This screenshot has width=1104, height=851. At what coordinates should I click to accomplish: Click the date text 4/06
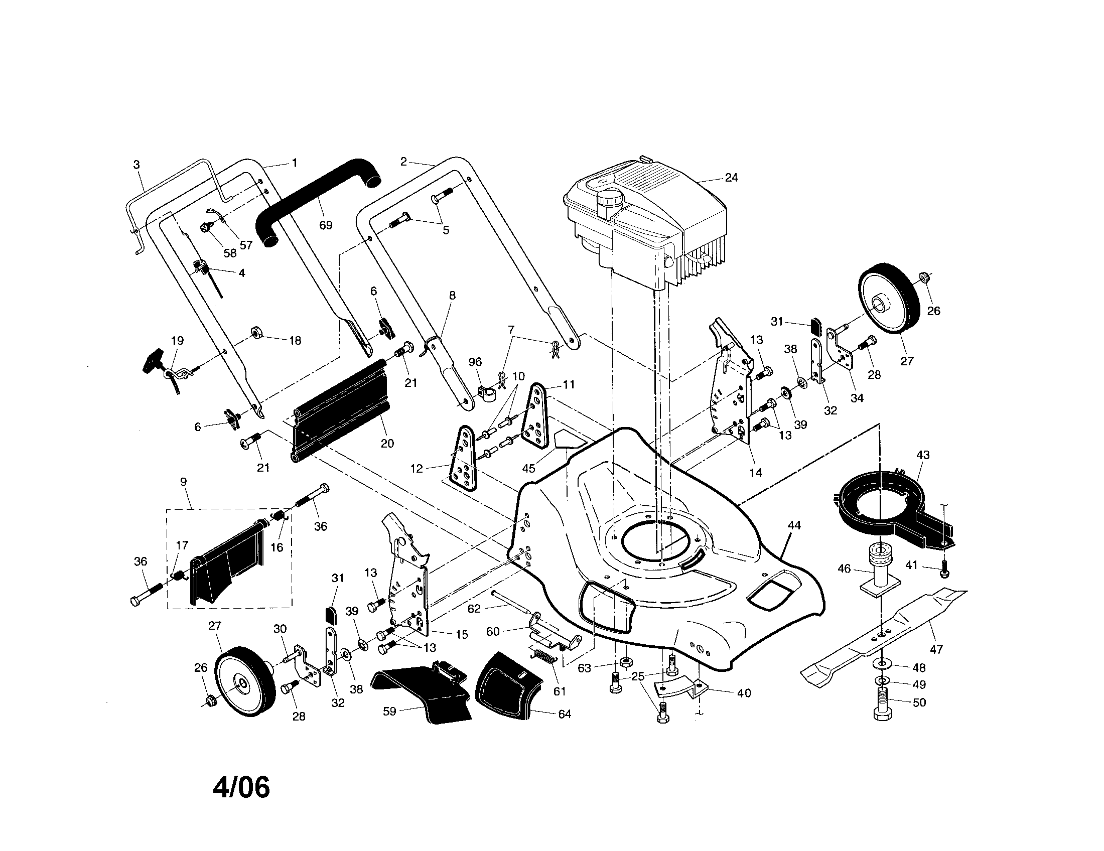click(x=241, y=787)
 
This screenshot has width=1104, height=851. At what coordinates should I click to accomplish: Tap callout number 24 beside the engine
click(x=731, y=178)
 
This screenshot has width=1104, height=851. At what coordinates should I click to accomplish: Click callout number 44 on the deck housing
click(x=794, y=525)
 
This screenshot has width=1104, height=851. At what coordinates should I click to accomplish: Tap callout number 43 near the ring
click(x=922, y=455)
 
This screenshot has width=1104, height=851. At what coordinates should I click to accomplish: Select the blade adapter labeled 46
click(x=880, y=569)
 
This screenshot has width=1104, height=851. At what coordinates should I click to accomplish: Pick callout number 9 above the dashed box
click(x=184, y=482)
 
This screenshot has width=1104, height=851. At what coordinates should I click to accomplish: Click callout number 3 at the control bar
click(x=136, y=165)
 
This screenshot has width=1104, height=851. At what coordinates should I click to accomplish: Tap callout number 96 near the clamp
click(x=475, y=362)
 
